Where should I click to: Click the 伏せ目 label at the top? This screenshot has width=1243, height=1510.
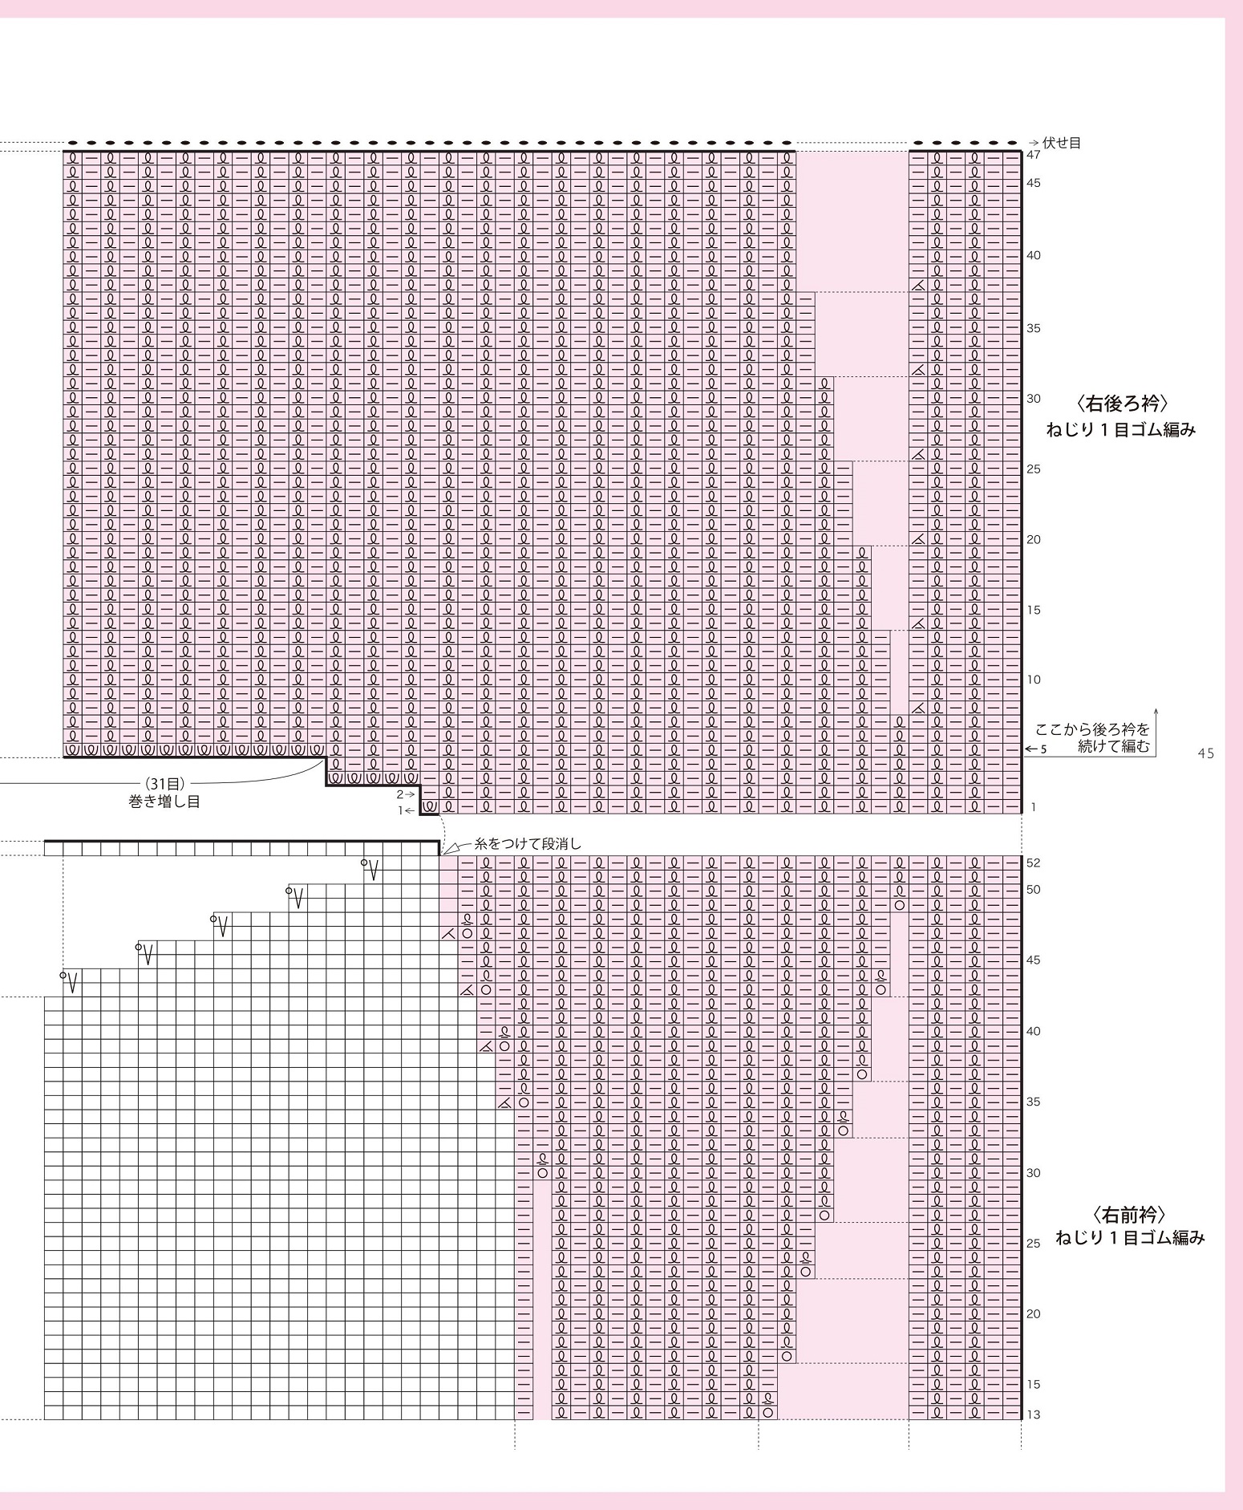(x=1062, y=143)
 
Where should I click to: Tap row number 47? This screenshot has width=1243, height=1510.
(x=1034, y=155)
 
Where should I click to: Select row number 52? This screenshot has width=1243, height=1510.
(x=1034, y=863)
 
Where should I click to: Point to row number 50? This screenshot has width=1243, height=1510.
(x=1034, y=889)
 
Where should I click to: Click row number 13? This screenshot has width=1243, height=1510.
(x=1034, y=1415)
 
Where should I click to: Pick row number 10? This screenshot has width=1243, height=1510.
(x=1034, y=680)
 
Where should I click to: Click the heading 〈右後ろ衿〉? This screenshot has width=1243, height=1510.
(x=1120, y=403)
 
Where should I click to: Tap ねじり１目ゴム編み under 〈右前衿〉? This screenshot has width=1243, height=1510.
(x=1130, y=1238)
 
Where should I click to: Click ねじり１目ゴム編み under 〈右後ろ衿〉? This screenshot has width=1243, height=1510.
(x=1120, y=430)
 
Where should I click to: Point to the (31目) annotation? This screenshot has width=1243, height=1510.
(x=164, y=784)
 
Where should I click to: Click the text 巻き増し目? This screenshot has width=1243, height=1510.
(x=164, y=801)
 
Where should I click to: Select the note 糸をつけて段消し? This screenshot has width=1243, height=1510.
(x=528, y=844)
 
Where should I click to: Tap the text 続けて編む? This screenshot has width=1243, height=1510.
(x=1114, y=746)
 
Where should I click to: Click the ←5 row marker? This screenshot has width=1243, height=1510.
(x=1037, y=749)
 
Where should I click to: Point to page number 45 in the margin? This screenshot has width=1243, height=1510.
(x=1205, y=753)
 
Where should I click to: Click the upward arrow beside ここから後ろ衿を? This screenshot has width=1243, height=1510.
(x=1156, y=718)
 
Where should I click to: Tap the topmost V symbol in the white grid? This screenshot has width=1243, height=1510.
(x=371, y=869)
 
